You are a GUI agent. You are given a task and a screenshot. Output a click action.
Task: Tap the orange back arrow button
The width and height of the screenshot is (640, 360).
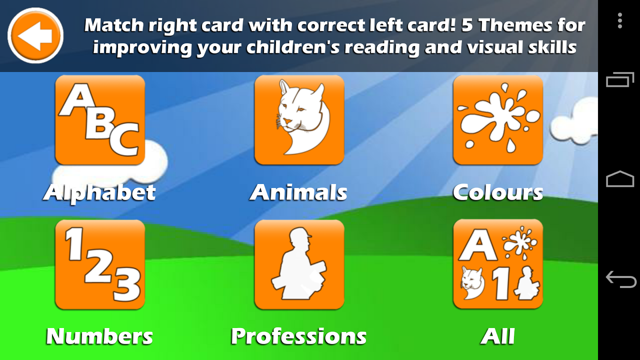click(36, 36)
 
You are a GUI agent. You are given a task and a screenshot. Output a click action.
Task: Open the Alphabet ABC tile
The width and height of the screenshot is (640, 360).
click(100, 120)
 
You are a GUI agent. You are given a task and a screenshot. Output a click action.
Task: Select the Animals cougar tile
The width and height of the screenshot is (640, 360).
click(299, 120)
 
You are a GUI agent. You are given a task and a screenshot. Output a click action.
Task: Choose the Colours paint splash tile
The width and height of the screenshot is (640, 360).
click(498, 120)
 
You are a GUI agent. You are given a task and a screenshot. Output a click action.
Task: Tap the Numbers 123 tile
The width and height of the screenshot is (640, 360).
click(100, 264)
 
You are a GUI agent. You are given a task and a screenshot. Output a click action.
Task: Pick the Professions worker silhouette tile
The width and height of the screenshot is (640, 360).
click(299, 264)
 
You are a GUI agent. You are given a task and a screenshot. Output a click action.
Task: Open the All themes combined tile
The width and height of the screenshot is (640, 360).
click(498, 264)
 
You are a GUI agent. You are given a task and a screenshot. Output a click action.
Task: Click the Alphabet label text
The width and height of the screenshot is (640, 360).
click(100, 193)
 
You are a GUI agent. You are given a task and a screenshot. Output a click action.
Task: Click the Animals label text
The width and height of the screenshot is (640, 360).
click(298, 192)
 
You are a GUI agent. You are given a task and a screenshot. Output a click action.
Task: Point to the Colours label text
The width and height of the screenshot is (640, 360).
click(498, 192)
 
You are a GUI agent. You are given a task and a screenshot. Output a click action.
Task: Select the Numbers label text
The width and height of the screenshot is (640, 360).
click(100, 336)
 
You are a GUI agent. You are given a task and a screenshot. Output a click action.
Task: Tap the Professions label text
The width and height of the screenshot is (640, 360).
click(298, 336)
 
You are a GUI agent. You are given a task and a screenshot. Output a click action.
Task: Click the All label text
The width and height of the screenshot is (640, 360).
click(498, 336)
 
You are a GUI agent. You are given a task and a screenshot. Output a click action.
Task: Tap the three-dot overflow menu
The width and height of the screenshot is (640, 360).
click(620, 20)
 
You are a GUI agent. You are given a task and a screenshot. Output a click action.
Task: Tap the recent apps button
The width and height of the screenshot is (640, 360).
click(620, 80)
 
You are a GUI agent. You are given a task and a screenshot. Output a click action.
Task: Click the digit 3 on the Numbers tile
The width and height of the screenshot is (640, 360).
click(127, 284)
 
